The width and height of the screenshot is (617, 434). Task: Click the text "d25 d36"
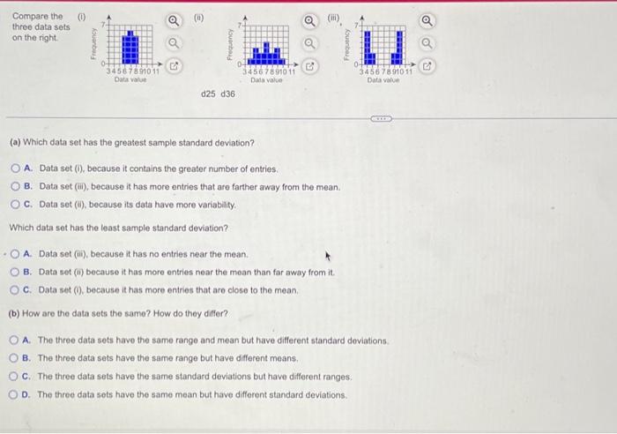(218, 93)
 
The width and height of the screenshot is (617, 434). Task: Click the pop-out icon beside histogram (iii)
(427, 65)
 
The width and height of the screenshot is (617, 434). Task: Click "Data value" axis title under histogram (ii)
(265, 79)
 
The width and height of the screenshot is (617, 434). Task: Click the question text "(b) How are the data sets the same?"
(118, 314)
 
